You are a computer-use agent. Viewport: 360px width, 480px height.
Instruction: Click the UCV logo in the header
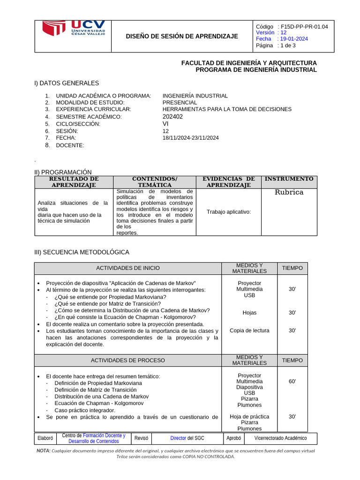coord(74,30)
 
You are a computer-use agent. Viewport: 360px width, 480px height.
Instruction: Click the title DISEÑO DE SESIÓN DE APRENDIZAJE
coord(182,36)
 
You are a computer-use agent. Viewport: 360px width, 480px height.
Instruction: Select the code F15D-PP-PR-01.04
coord(304,27)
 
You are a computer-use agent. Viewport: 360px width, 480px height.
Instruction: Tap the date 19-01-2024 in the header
coord(294,39)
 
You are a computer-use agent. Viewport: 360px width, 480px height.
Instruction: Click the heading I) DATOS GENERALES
coord(67,83)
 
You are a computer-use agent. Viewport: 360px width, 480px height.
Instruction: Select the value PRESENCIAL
coord(180,102)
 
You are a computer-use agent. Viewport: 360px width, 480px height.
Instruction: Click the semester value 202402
coord(172,116)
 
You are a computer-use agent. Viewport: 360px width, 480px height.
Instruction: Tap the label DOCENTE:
coord(70,145)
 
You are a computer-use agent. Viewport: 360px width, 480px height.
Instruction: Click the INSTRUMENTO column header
coord(289,179)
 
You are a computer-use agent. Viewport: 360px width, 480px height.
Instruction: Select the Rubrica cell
coord(289,192)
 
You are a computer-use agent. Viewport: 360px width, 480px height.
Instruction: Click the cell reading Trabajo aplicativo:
coord(229,212)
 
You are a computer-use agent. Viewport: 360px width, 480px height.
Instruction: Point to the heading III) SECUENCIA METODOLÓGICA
coord(82,252)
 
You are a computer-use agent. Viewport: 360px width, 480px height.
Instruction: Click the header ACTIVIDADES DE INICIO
coord(127,268)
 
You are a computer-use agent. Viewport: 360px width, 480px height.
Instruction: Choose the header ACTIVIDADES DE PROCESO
coord(127,360)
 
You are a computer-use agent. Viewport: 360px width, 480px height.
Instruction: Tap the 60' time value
coord(292,382)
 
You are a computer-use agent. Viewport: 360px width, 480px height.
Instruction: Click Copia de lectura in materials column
coord(249,330)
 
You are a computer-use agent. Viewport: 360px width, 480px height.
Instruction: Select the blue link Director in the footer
coord(178,438)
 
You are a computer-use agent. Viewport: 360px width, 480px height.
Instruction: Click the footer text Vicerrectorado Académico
coord(280,438)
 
